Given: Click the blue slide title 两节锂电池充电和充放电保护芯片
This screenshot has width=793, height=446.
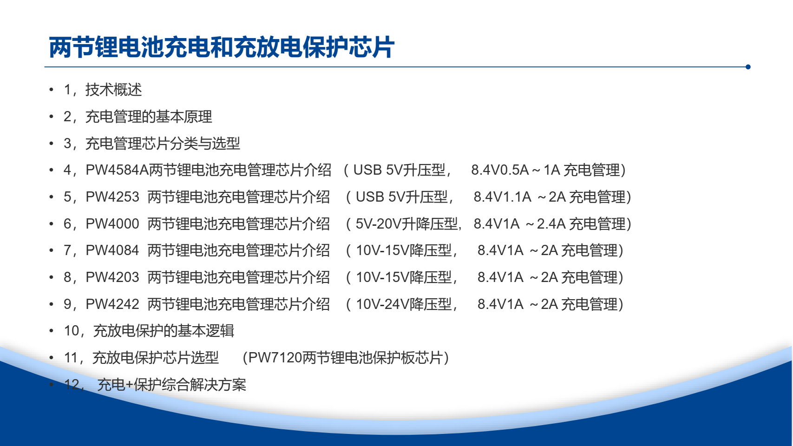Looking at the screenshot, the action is [x=222, y=47].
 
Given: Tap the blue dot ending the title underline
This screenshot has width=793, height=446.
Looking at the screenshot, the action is [x=748, y=67].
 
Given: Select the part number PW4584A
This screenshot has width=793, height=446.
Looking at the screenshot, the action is [x=117, y=170].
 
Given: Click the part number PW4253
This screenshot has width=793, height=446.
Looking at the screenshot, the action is [x=112, y=197].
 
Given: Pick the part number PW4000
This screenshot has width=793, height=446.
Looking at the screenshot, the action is [x=112, y=224].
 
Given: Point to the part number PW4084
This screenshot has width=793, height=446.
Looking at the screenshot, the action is [x=112, y=250].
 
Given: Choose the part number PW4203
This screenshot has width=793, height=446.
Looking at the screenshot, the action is [x=112, y=277].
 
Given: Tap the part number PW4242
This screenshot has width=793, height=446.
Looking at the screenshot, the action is [x=112, y=304].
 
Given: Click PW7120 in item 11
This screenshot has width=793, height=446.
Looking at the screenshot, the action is [x=275, y=358].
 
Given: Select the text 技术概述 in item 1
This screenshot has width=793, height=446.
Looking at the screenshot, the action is [x=114, y=90].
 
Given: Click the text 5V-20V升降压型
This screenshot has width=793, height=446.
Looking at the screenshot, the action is [x=407, y=224].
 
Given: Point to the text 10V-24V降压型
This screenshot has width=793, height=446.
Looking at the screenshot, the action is [x=404, y=304].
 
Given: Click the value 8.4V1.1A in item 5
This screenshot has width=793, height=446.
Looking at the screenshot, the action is [x=502, y=197].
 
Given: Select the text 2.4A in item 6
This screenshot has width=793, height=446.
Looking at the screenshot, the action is [x=551, y=224].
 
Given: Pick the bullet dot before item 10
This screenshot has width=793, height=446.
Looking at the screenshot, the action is [x=51, y=331].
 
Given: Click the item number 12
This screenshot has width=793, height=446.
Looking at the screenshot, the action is [x=72, y=385].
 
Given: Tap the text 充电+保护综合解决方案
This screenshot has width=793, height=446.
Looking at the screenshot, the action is [x=172, y=385].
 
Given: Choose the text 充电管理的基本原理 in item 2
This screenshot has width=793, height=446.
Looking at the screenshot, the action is [x=149, y=117].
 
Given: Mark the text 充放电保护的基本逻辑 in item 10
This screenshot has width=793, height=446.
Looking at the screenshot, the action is [x=164, y=331].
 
